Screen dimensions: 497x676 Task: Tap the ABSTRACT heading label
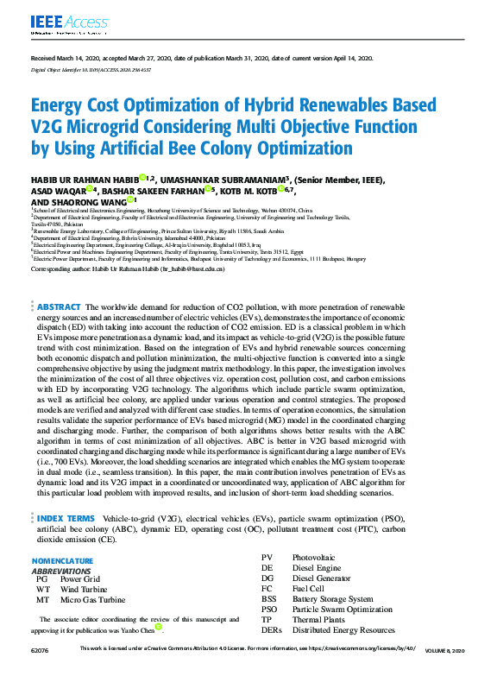[59, 307]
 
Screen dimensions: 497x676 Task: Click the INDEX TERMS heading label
[65, 518]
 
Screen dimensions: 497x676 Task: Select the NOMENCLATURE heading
[67, 560]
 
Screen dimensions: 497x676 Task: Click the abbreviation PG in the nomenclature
[41, 578]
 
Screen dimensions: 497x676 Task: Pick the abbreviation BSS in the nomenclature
[269, 598]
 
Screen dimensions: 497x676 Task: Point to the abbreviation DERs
[272, 629]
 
